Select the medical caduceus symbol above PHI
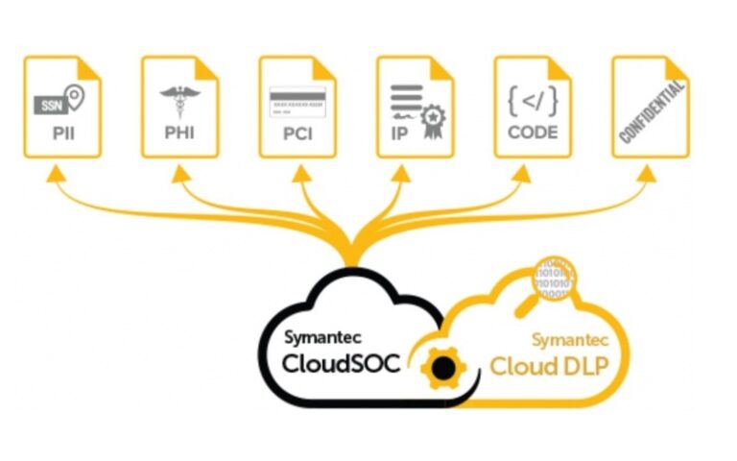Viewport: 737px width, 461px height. [179, 102]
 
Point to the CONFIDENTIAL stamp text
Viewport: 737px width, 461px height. [652, 112]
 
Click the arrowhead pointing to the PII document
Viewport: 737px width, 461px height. [60, 173]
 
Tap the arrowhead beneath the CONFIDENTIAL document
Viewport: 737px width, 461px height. [650, 173]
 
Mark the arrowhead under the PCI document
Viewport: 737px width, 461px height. [297, 173]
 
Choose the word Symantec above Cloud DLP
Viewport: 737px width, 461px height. [570, 339]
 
